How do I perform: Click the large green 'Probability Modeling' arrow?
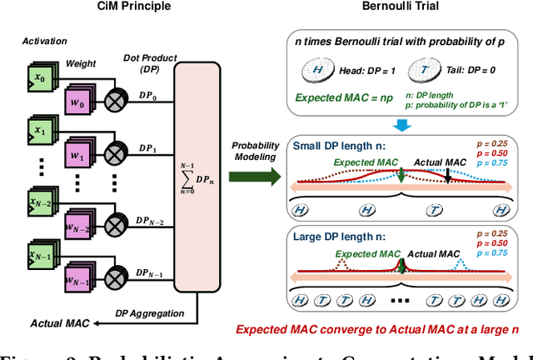point(257,176)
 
